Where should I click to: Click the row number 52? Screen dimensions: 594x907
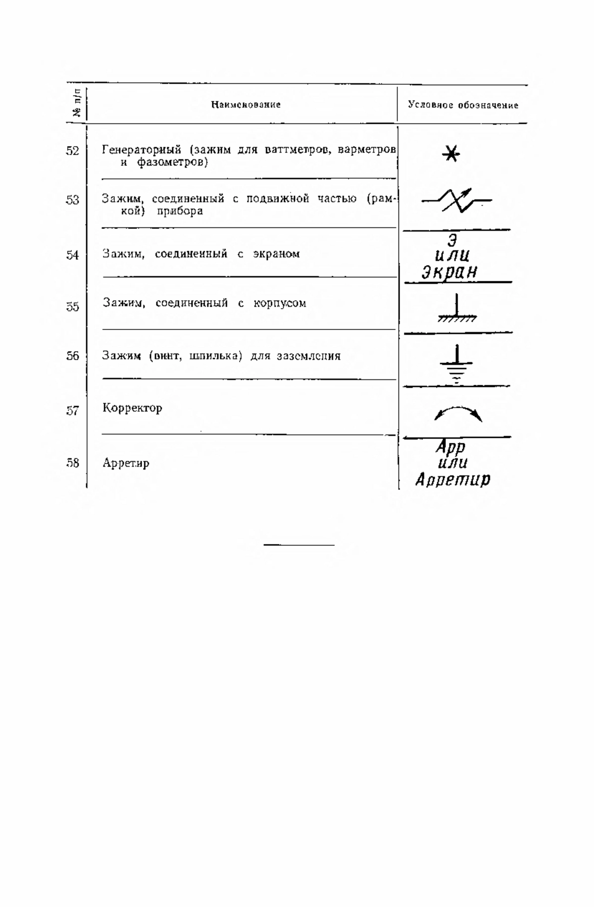point(72,151)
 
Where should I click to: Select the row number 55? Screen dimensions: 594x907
point(72,307)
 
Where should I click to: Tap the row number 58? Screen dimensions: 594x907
point(72,463)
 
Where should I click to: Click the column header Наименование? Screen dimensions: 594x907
point(246,105)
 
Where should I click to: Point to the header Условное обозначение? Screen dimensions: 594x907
point(463,105)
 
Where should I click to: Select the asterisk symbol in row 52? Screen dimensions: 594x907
point(451,154)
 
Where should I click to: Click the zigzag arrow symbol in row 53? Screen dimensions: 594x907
point(456,201)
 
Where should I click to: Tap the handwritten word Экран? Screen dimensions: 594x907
point(449,272)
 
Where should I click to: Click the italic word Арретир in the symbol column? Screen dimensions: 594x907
point(453,480)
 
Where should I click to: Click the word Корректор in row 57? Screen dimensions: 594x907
point(132,409)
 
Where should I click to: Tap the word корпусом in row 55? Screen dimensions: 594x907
point(280,303)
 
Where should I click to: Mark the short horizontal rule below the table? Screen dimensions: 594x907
point(299,545)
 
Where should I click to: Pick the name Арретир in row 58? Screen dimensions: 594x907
point(126,464)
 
